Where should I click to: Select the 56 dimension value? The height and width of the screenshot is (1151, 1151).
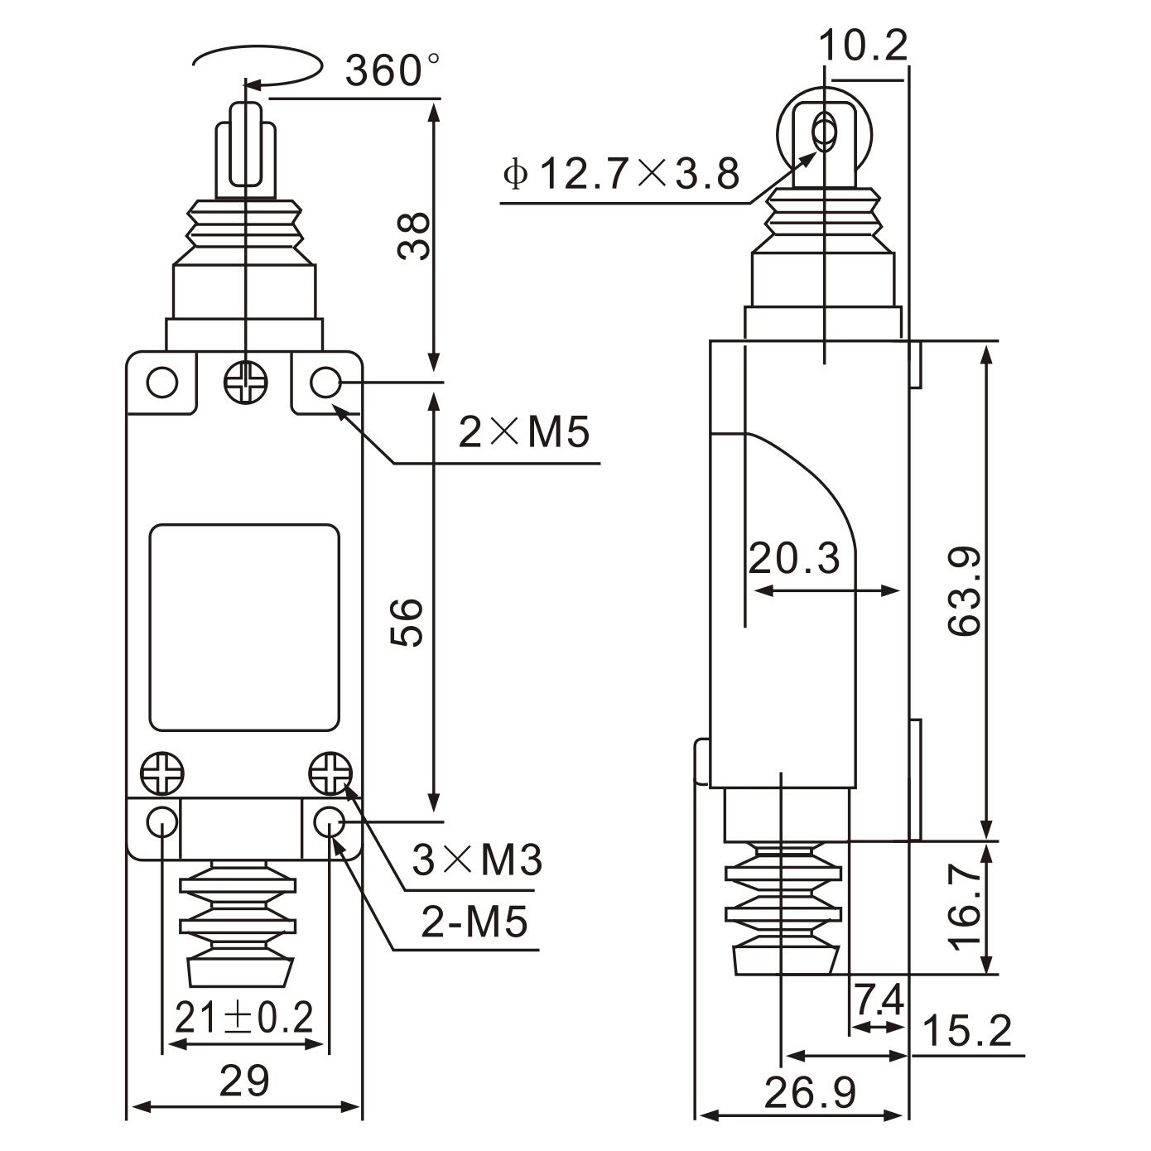pyautogui.click(x=407, y=622)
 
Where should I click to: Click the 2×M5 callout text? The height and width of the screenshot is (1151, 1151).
pyautogui.click(x=523, y=432)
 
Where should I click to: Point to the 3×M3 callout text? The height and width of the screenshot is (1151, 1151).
pyautogui.click(x=477, y=860)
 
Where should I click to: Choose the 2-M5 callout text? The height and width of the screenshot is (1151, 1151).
pyautogui.click(x=474, y=922)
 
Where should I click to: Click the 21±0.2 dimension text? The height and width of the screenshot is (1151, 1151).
pyautogui.click(x=244, y=1018)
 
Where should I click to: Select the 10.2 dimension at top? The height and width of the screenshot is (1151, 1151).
pyautogui.click(x=864, y=46)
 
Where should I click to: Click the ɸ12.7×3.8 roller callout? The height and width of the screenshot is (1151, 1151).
pyautogui.click(x=621, y=175)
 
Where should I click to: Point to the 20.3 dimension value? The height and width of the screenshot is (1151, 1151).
pyautogui.click(x=794, y=559)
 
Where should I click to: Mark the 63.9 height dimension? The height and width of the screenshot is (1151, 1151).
pyautogui.click(x=965, y=590)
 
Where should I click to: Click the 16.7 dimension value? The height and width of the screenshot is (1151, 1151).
pyautogui.click(x=965, y=908)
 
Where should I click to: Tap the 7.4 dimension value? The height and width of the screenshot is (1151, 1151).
pyautogui.click(x=879, y=1001)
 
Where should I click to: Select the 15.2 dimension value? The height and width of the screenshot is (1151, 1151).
pyautogui.click(x=966, y=1032)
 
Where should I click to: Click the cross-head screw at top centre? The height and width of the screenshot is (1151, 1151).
pyautogui.click(x=246, y=383)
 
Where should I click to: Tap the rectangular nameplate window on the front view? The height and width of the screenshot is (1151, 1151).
pyautogui.click(x=244, y=627)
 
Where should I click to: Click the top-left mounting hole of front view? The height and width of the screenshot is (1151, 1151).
pyautogui.click(x=162, y=383)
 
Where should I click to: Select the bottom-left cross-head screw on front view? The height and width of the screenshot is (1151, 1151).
pyautogui.click(x=162, y=775)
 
